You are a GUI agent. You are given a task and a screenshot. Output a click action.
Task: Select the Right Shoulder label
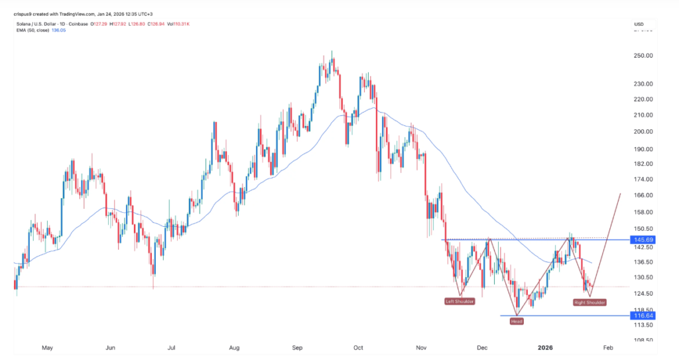[x=589, y=302]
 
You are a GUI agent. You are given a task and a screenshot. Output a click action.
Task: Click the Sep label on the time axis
[x=298, y=347]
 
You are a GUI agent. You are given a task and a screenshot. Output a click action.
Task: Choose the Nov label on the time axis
[x=421, y=347]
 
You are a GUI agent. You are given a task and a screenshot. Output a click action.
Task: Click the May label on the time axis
[x=47, y=347]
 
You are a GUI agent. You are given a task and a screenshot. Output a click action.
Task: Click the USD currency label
[x=639, y=24]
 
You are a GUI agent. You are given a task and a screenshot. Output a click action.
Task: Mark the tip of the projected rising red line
[x=620, y=193]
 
